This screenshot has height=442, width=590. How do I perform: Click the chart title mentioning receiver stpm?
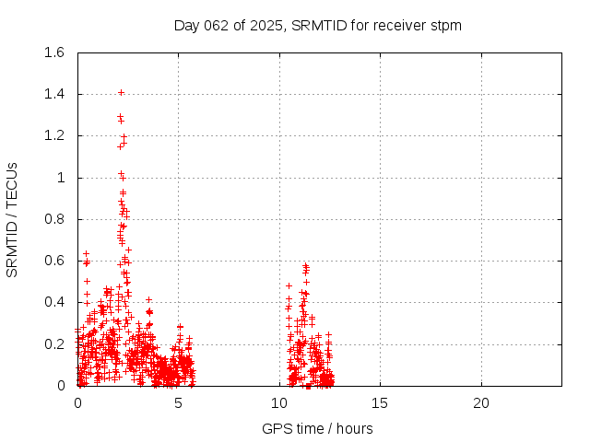pyautogui.click(x=318, y=26)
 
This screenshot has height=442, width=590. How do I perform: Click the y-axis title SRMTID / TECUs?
pyautogui.click(x=13, y=219)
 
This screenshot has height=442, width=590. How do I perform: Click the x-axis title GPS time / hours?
pyautogui.click(x=318, y=428)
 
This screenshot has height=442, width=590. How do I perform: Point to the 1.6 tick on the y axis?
pyautogui.click(x=54, y=52)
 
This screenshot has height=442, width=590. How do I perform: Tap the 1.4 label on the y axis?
pyautogui.click(x=54, y=94)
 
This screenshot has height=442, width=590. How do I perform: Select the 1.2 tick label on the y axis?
pyautogui.click(x=54, y=135)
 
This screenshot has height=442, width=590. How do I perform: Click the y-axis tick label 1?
pyautogui.click(x=61, y=178)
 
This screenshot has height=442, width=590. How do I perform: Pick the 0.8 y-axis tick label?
pyautogui.click(x=54, y=219)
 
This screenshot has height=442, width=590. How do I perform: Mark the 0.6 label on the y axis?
pyautogui.click(x=54, y=261)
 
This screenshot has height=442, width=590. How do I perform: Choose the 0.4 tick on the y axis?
pyautogui.click(x=54, y=302)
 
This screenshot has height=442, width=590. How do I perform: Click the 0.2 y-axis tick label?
pyautogui.click(x=54, y=343)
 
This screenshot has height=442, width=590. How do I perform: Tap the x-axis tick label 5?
pyautogui.click(x=178, y=403)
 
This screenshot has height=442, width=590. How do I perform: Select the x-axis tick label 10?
pyautogui.click(x=279, y=403)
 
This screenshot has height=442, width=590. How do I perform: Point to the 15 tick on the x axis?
pyautogui.click(x=380, y=403)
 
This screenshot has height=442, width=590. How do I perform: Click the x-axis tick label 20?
pyautogui.click(x=480, y=403)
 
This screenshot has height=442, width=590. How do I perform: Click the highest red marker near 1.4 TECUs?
pyautogui.click(x=121, y=92)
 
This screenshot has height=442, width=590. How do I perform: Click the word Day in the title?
pyautogui.click(x=187, y=26)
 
